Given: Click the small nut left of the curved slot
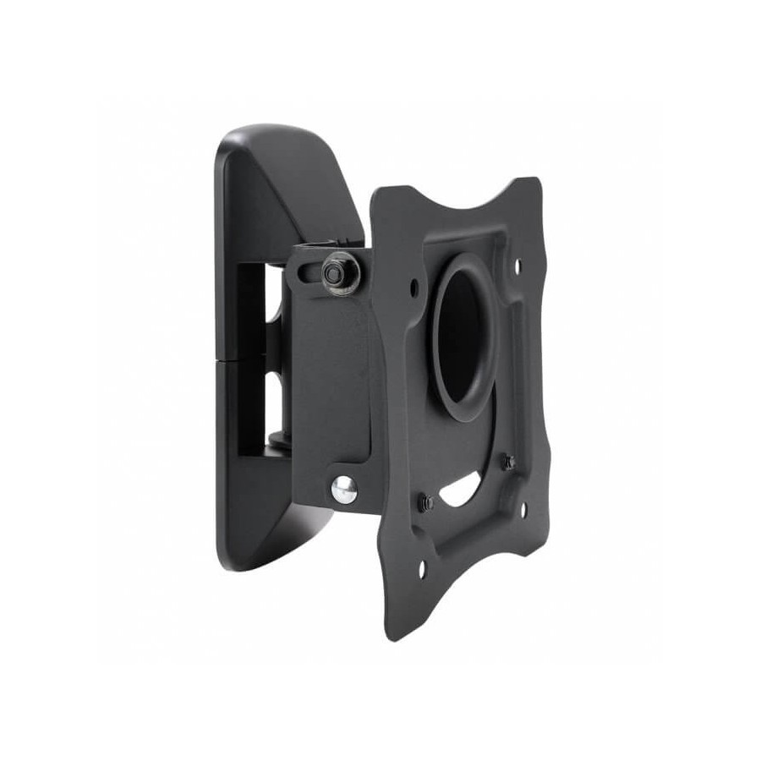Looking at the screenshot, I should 427,502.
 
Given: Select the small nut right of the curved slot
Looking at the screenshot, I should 508,463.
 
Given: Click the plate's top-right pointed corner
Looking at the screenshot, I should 534,180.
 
